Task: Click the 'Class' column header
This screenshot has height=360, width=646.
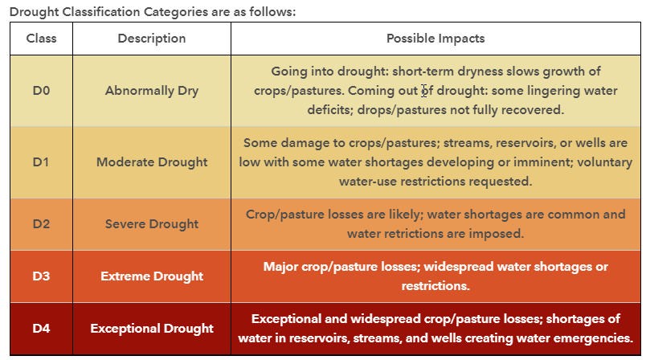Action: pyautogui.click(x=41, y=39)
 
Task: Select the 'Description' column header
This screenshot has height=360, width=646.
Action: pyautogui.click(x=152, y=39)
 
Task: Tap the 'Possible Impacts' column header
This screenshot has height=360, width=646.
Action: pyautogui.click(x=435, y=39)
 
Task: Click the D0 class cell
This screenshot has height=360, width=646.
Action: pyautogui.click(x=41, y=90)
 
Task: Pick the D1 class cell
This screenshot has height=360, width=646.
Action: pyautogui.click(x=41, y=162)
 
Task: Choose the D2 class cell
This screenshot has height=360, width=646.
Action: pyautogui.click(x=41, y=224)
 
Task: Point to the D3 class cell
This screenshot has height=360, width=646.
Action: pyautogui.click(x=41, y=276)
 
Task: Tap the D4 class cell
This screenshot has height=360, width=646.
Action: pyautogui.click(x=41, y=328)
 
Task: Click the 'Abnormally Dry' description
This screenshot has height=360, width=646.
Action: pyautogui.click(x=152, y=90)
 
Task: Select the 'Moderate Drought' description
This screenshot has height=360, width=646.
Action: pyautogui.click(x=152, y=162)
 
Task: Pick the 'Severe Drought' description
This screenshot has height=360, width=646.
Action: pyautogui.click(x=152, y=224)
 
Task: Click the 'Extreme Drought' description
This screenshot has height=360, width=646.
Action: pyautogui.click(x=152, y=276)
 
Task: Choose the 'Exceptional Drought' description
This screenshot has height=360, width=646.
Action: pyautogui.click(x=152, y=328)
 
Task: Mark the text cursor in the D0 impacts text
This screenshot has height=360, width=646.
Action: pyautogui.click(x=423, y=90)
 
